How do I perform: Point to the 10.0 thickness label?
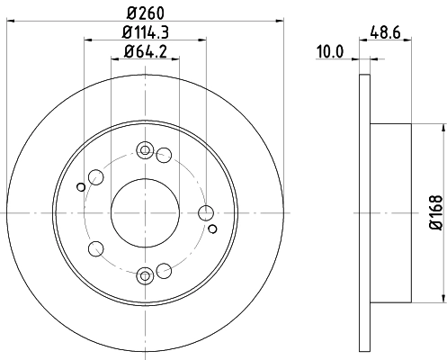click(x=332, y=51)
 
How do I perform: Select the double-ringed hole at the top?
click(x=145, y=150)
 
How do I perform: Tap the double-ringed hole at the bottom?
click(x=145, y=274)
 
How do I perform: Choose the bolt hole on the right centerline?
click(x=206, y=212)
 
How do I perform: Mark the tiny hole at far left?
click(x=81, y=187)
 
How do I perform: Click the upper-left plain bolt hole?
click(x=95, y=177)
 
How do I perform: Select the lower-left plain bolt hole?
click(x=95, y=248)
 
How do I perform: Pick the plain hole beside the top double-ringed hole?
click(x=164, y=156)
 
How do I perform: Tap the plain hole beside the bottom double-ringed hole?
click(x=164, y=270)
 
